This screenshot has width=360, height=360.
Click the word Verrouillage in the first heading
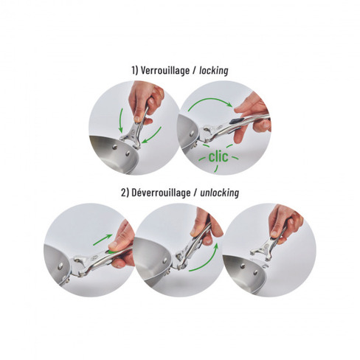point(165,71)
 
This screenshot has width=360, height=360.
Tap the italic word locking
point(214,71)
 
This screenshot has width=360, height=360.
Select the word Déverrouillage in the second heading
point(161,193)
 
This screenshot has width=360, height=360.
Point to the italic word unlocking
point(219,193)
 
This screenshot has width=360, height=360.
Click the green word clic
point(218,156)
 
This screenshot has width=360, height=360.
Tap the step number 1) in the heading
point(135,71)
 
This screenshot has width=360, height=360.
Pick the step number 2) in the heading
point(125,193)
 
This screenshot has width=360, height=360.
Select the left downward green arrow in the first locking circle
point(121,120)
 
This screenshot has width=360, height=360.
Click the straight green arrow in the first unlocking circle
point(103,240)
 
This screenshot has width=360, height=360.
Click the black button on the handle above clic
point(237,121)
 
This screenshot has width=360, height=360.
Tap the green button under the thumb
point(111,252)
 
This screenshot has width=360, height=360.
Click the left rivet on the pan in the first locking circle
point(114,147)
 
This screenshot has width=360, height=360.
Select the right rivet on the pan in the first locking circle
point(128,154)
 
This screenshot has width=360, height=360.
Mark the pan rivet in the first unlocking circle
point(60,266)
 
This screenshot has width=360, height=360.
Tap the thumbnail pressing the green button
point(113,245)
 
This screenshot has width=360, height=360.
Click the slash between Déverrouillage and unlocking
point(195,193)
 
